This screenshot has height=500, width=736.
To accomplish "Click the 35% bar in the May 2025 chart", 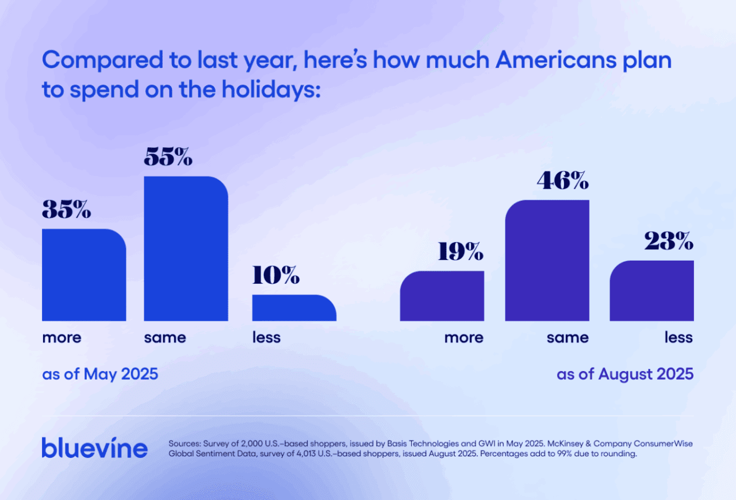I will tap(84, 275).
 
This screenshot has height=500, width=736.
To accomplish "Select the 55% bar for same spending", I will tap(186, 249).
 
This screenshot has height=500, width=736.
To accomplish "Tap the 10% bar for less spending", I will tap(294, 308).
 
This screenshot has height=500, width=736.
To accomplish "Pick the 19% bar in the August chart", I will tap(442, 296).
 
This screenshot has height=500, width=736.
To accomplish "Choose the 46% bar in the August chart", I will tap(547, 261).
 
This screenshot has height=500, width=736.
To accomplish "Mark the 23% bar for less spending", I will tap(651, 291).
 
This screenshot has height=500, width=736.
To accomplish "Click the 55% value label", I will tap(168, 157).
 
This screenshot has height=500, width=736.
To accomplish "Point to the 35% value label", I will tap(67, 210).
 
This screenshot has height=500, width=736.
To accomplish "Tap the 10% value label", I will tap(276, 276).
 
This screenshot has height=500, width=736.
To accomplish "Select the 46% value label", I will tap(562, 181).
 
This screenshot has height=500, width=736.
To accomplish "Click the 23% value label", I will tap(668, 242).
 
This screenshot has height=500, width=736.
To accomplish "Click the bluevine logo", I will tap(94, 447).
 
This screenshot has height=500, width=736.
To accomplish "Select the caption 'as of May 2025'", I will tap(100, 374).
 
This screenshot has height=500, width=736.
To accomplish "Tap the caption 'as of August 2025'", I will tap(625, 374).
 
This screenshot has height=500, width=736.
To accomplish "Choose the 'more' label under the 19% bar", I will tap(464, 337).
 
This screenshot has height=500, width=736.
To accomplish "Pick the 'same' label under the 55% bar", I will tap(165, 337).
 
